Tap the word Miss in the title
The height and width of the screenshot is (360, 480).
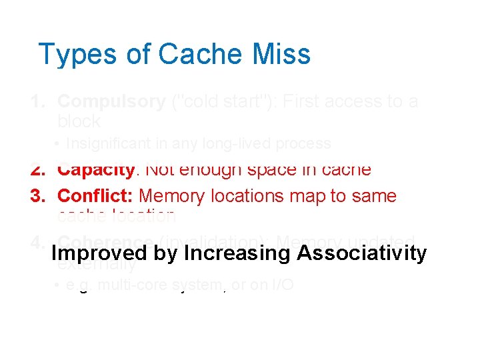(x=282, y=54)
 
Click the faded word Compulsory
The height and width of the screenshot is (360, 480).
(x=111, y=101)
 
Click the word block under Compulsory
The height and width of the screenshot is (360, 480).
(x=79, y=121)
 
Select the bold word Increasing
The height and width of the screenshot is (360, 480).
(x=237, y=254)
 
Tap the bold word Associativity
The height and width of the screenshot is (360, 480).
(x=361, y=254)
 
